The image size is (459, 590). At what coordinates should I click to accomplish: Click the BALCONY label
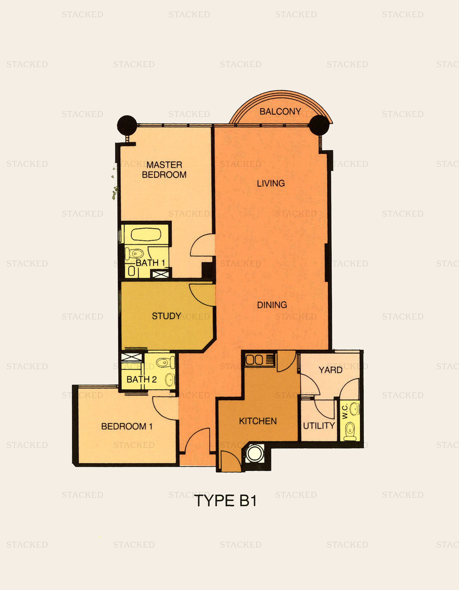point(280,111)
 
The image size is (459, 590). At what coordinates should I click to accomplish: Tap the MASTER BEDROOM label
point(164,170)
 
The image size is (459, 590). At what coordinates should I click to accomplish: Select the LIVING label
point(271,183)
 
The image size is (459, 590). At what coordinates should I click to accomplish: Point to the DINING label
point(272,305)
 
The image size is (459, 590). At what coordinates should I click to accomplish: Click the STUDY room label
point(166,316)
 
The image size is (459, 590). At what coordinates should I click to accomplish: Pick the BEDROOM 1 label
point(127,426)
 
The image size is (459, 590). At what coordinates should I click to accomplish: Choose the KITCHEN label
point(258,421)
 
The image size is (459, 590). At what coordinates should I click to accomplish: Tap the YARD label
point(330,370)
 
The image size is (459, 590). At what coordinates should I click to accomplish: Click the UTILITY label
point(319,426)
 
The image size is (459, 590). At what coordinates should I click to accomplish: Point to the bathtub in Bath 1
point(146,234)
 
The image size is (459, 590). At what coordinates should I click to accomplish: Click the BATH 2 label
point(141,379)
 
